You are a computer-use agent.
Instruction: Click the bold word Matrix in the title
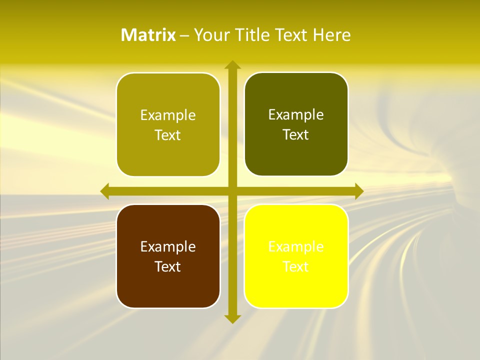148,35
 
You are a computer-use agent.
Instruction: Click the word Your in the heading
210,35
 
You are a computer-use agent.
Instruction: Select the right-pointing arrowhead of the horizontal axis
358,191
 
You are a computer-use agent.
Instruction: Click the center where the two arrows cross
232,191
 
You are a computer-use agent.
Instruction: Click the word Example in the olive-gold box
168,115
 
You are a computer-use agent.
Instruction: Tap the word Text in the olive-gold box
168,135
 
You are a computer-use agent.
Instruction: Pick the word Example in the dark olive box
296,114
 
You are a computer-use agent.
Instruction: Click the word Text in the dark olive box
296,135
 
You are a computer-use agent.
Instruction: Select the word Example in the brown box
168,246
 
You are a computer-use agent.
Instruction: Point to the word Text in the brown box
168,267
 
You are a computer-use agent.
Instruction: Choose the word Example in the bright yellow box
296,246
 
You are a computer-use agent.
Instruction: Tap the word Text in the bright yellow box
296,267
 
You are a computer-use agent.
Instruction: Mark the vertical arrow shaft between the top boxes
232,125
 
